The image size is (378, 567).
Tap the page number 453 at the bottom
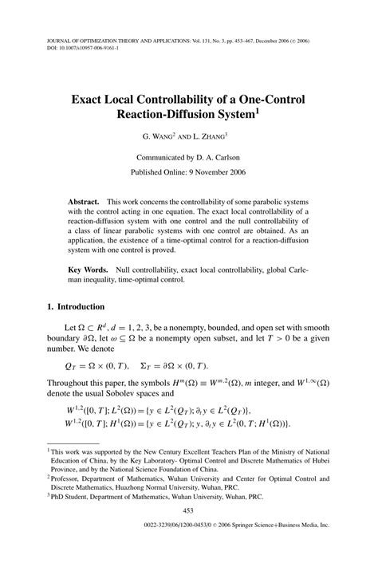point(189,534)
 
